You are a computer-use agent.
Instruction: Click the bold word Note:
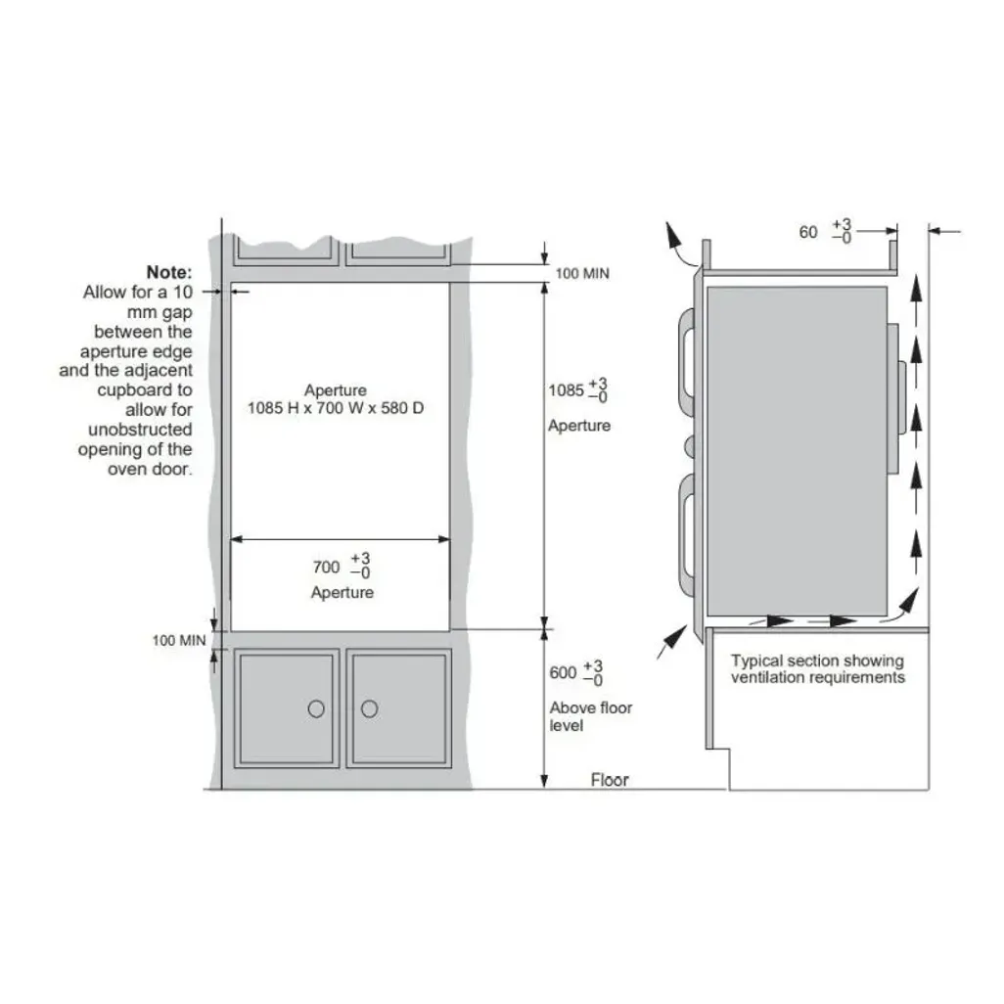pyautogui.click(x=169, y=272)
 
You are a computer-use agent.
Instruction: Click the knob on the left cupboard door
pyautogui.click(x=316, y=708)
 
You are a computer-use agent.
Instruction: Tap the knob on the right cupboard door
pyautogui.click(x=370, y=708)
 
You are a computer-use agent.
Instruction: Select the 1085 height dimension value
pyautogui.click(x=566, y=389)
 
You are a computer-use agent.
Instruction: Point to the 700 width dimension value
pyautogui.click(x=326, y=567)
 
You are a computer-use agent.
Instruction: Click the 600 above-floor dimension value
pyautogui.click(x=563, y=673)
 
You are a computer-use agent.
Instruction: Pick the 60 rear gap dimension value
pyautogui.click(x=808, y=232)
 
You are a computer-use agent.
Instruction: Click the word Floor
pyautogui.click(x=610, y=780)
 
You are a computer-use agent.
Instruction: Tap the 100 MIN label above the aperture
pyautogui.click(x=582, y=273)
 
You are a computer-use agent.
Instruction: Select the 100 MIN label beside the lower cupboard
pyautogui.click(x=179, y=640)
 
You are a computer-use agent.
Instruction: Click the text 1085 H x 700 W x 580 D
pyautogui.click(x=336, y=408)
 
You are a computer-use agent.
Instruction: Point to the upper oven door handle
pyautogui.click(x=686, y=363)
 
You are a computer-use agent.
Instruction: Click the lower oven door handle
pyautogui.click(x=686, y=535)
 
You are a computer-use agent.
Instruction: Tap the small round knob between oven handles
pyautogui.click(x=690, y=446)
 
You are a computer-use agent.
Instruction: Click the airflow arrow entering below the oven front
pyautogui.click(x=671, y=642)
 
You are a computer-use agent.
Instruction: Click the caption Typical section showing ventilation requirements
pyautogui.click(x=818, y=669)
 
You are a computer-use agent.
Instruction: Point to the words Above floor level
pyautogui.click(x=590, y=716)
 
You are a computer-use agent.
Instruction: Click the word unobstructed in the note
pyautogui.click(x=140, y=430)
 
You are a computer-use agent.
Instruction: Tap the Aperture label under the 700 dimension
pyautogui.click(x=342, y=592)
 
